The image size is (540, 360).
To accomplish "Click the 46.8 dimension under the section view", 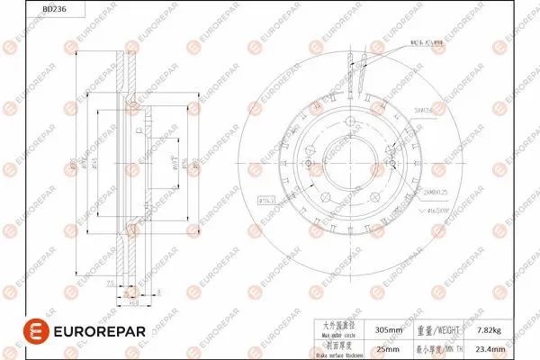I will pos(133,302).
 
